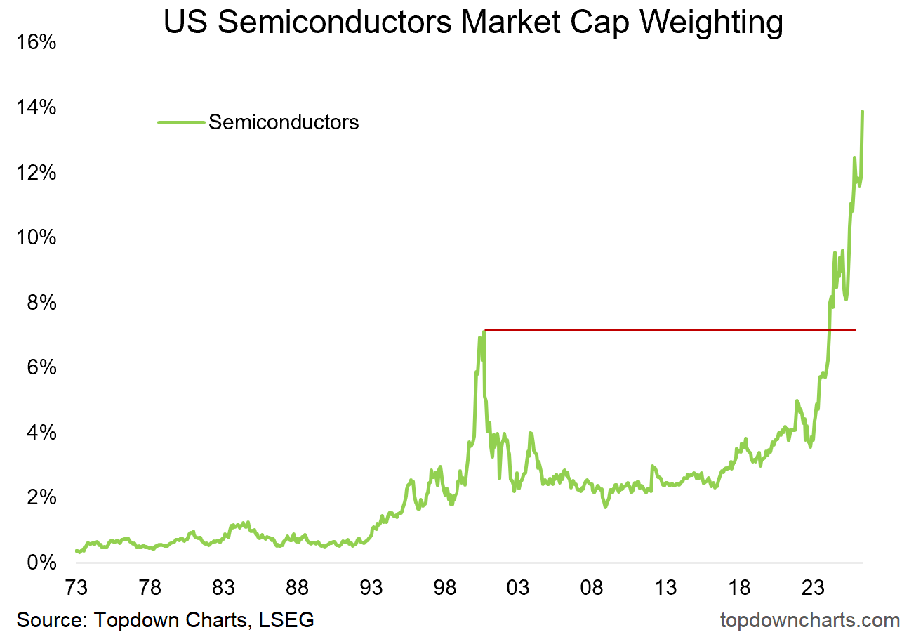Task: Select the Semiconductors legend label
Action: pyautogui.click(x=284, y=122)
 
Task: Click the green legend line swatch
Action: pyautogui.click(x=181, y=122)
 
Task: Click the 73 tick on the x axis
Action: pyautogui.click(x=76, y=587)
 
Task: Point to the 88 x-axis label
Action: pyautogui.click(x=297, y=587)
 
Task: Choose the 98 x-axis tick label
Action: pyautogui.click(x=444, y=587)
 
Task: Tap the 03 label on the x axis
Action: pyautogui.click(x=519, y=587)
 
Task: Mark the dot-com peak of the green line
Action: pyautogui.click(x=484, y=331)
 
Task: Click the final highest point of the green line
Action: pyautogui.click(x=862, y=112)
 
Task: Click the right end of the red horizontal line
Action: pyautogui.click(x=855, y=330)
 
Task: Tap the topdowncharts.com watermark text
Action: pyautogui.click(x=809, y=620)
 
